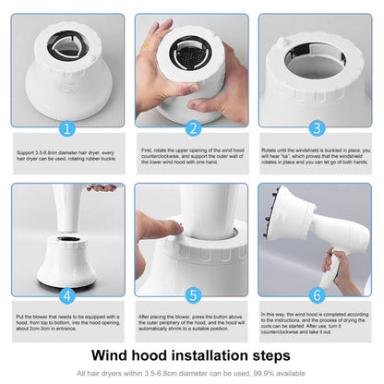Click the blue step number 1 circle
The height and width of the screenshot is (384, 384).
(x=66, y=128)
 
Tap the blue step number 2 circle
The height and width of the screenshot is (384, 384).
(x=193, y=128)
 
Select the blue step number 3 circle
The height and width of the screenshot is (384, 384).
(x=317, y=128)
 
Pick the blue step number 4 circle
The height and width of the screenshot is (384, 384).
(x=66, y=296)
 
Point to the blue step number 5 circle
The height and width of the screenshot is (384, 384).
(x=193, y=296)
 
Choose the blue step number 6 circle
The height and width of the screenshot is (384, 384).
(x=317, y=296)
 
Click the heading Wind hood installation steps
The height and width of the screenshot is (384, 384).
(x=192, y=354)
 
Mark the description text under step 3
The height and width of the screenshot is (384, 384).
(x=317, y=157)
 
